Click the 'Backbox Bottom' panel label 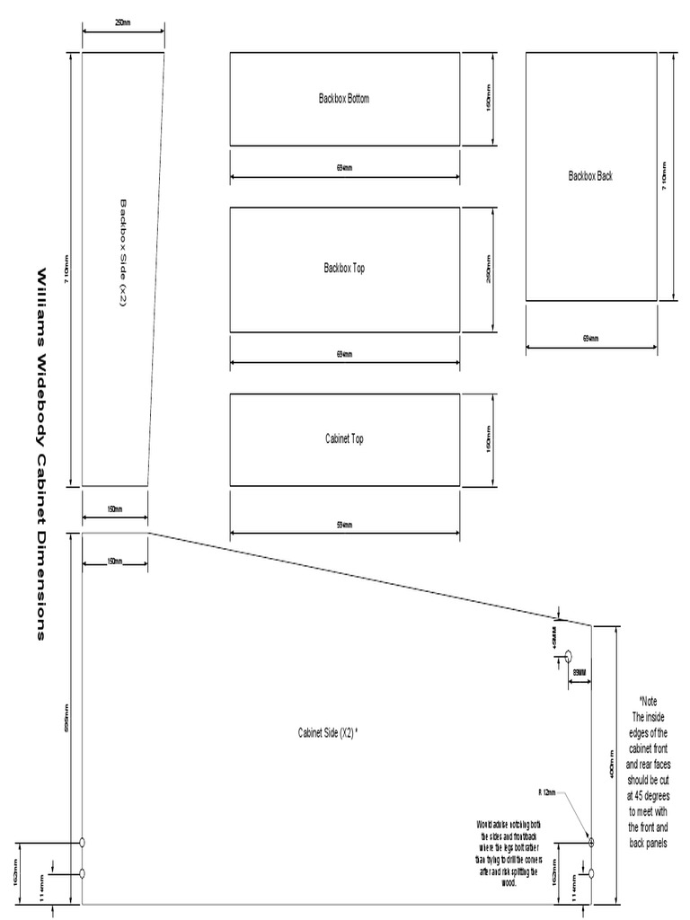pos(343,99)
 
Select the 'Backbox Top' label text pos(344,268)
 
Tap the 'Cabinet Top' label pos(344,438)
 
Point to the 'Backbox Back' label pos(590,176)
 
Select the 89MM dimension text pos(579,672)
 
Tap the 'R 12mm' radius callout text pos(547,793)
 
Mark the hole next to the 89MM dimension pos(568,659)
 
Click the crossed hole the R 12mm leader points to pos(591,842)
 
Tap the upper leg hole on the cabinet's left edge pos(83,843)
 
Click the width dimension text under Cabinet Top pos(345,525)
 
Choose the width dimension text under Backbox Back pos(590,339)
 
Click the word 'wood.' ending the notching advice pos(509,883)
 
